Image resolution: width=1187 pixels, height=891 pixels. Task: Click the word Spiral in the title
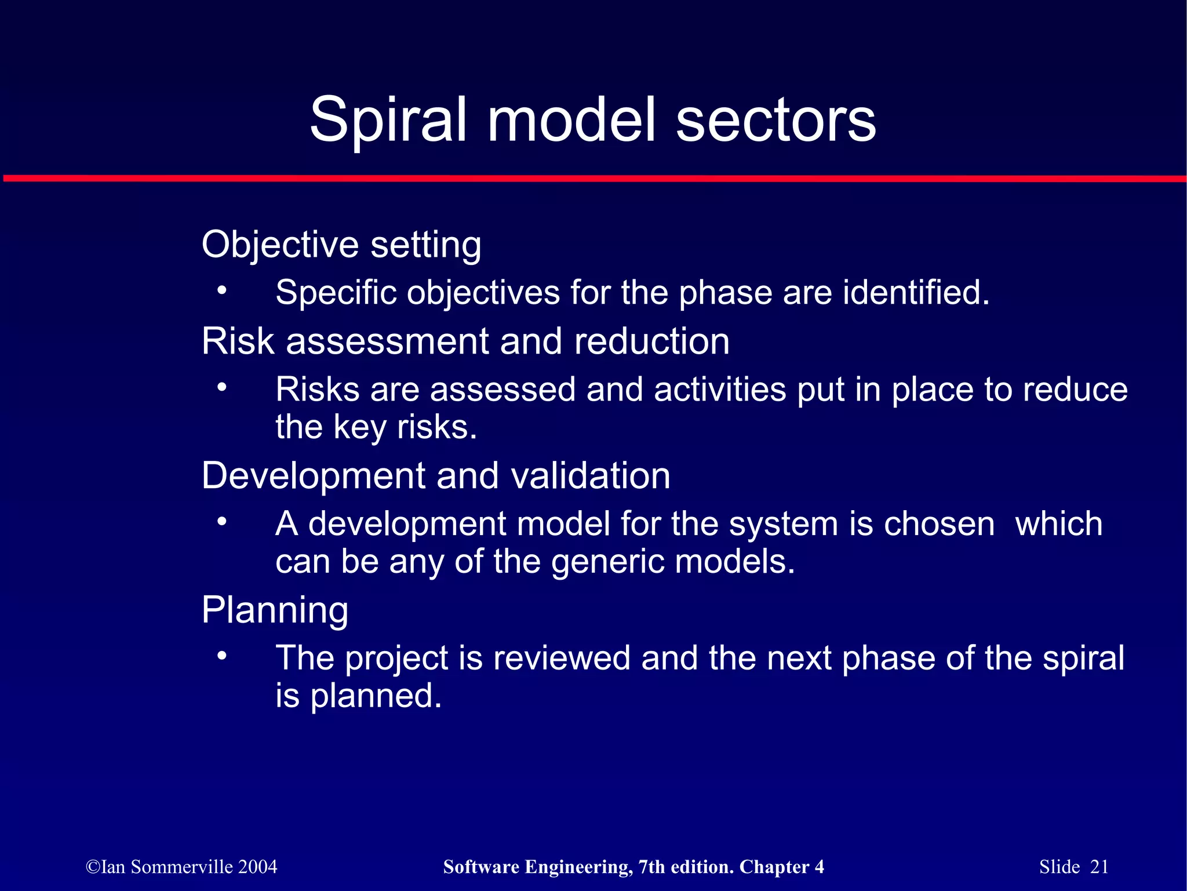click(x=388, y=121)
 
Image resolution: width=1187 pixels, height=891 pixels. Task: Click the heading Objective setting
click(x=341, y=244)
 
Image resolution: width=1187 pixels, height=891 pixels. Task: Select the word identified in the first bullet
click(x=915, y=292)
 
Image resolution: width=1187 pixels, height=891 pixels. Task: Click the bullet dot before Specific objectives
click(x=221, y=290)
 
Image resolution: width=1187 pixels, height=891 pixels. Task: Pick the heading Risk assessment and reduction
click(x=465, y=341)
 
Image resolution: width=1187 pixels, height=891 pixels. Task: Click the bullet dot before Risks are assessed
click(x=221, y=387)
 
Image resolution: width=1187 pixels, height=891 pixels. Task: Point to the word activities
click(x=719, y=389)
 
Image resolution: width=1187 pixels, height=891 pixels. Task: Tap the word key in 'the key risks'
click(x=359, y=427)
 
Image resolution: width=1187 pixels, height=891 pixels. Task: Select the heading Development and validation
click(x=436, y=475)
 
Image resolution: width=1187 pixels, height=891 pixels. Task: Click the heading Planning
click(x=275, y=610)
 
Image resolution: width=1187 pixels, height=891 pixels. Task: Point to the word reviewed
click(x=562, y=659)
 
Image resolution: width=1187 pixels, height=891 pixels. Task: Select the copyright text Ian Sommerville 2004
click(x=181, y=867)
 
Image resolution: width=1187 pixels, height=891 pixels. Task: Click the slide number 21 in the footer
click(x=1099, y=867)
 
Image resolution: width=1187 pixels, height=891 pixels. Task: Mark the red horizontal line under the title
click(x=593, y=179)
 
